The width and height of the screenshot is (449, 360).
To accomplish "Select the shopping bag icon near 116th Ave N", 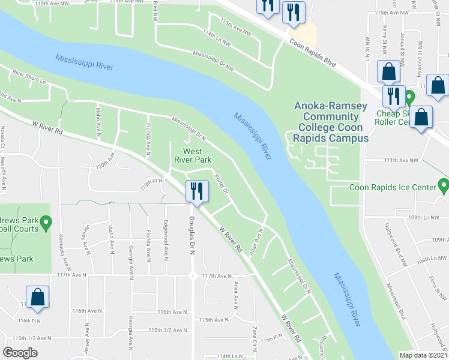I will (37, 298).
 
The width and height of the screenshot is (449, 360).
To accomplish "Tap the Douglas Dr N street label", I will (193, 236).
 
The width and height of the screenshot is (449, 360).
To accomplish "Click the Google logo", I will (20, 353).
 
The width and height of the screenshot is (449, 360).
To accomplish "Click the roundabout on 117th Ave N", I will (193, 276).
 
